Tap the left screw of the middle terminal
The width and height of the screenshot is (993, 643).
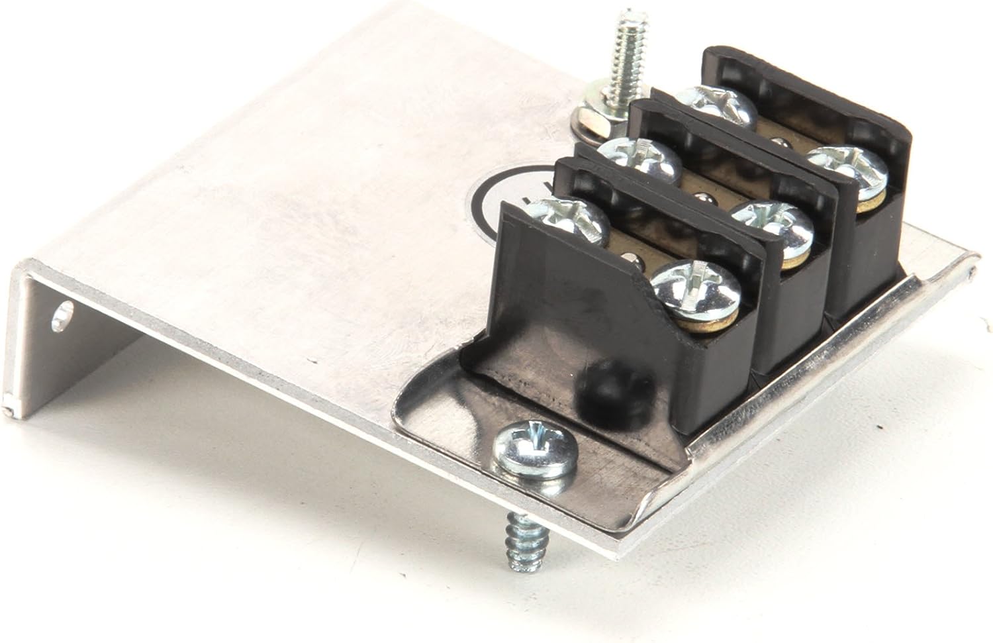[639, 161]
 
